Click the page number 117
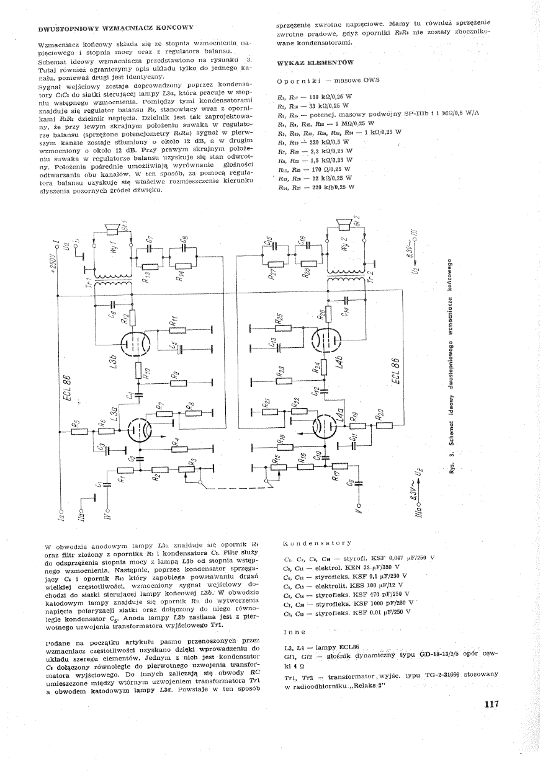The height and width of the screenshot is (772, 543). (490, 703)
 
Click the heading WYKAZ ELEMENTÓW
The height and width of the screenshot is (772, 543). (315, 63)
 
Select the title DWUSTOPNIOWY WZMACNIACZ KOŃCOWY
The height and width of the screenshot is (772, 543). (116, 28)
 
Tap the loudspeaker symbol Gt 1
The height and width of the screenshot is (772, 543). (114, 229)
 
